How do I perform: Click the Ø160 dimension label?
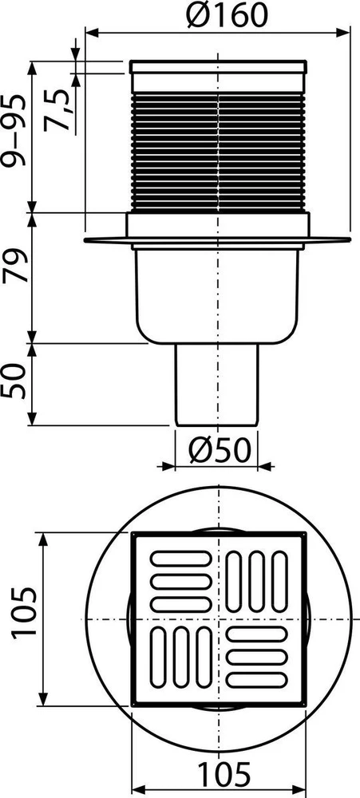[x=226, y=16]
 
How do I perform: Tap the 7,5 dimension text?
[x=56, y=110]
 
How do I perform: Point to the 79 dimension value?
[x=14, y=266]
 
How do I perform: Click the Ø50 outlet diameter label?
[x=220, y=450]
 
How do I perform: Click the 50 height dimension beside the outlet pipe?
[x=14, y=381]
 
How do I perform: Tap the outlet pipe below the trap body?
[x=217, y=385]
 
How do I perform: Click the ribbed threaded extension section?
[x=219, y=152]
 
